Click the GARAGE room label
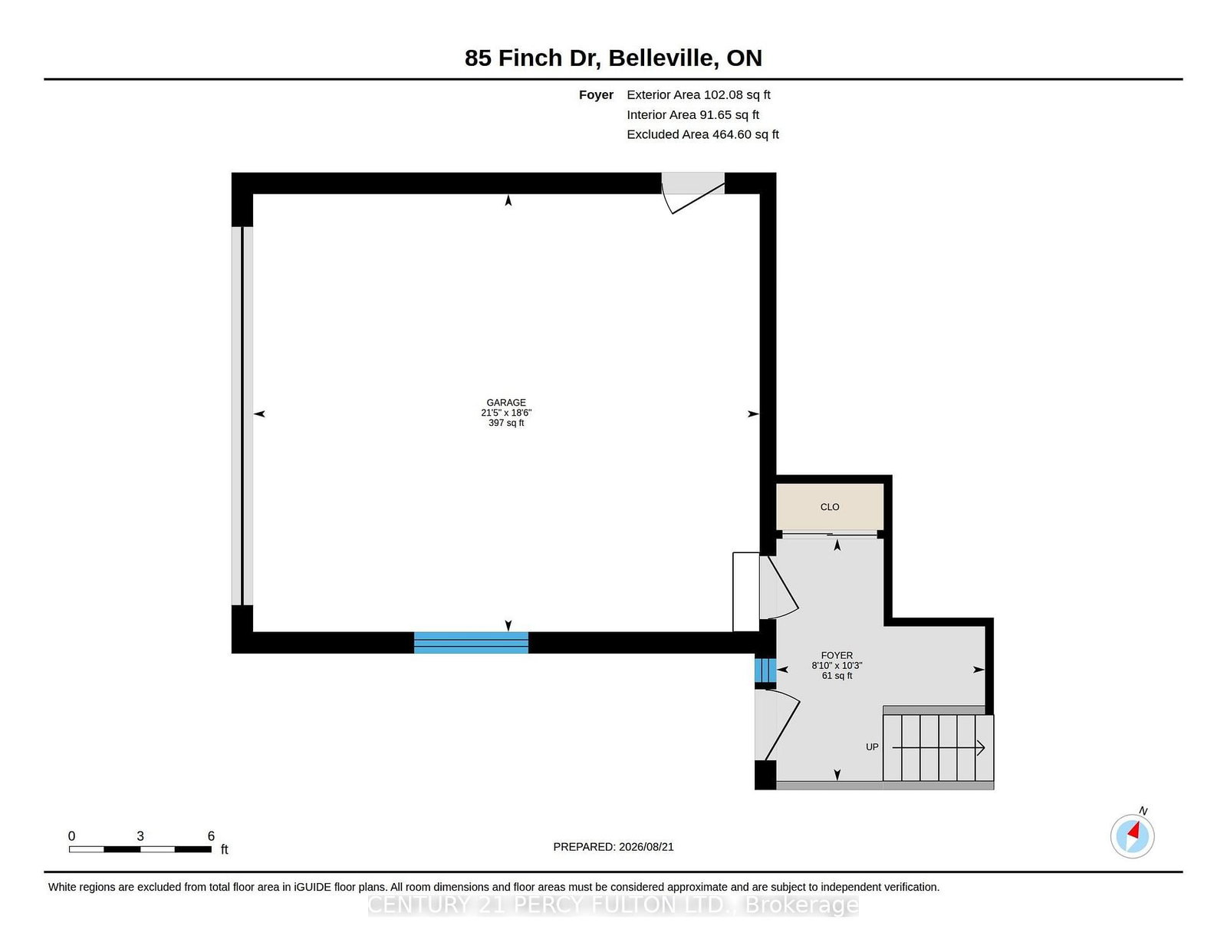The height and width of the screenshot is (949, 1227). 506,402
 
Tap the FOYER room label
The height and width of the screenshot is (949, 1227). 836,655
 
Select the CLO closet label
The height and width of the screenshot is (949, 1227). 830,506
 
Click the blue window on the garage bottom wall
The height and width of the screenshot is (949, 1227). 471,642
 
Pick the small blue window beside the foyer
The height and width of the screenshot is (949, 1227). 765,671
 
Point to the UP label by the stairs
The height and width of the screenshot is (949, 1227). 872,746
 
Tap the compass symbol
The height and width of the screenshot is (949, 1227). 1132,835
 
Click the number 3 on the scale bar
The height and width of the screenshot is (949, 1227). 140,835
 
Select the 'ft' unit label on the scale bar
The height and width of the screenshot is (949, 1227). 224,849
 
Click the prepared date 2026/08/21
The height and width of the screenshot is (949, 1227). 646,847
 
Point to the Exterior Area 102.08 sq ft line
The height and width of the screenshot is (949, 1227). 699,95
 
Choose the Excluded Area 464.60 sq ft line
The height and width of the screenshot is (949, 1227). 702,134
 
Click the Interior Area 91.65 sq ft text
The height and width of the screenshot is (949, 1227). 692,114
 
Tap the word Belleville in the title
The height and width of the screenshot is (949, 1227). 663,58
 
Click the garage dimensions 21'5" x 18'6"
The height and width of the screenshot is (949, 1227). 506,413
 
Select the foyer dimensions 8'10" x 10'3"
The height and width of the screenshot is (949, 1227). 836,665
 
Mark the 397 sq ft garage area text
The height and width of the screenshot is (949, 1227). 506,423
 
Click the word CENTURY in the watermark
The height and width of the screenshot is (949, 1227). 419,905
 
